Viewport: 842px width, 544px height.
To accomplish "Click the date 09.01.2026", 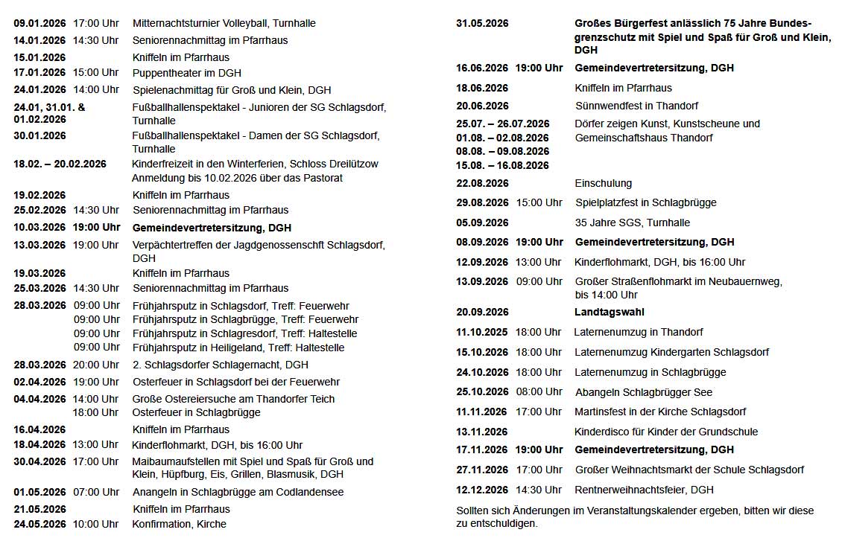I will point(39,23).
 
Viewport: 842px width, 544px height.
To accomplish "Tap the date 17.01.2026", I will point(39,73).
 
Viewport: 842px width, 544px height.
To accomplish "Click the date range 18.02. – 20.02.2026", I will point(60,164).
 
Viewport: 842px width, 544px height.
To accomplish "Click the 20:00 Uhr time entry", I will point(95,365).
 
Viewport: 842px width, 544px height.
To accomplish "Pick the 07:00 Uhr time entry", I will point(95,492).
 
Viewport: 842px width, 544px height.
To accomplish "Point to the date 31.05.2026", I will point(482,23).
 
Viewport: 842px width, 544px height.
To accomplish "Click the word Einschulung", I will point(603,183).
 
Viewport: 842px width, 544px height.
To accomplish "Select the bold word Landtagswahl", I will point(609,312).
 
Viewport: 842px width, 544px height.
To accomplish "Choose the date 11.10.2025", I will point(482,332).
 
